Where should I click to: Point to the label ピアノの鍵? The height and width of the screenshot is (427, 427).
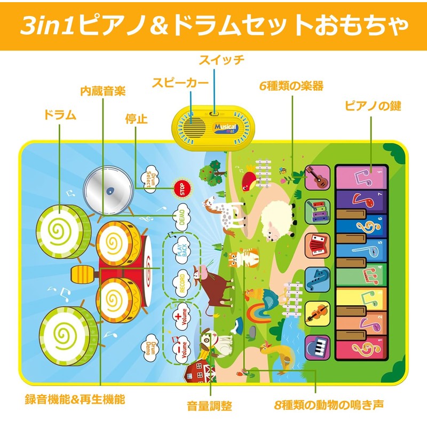(x=373, y=106)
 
